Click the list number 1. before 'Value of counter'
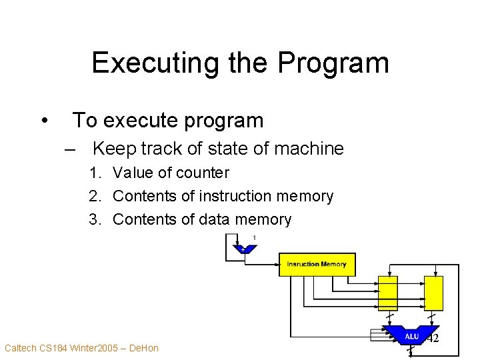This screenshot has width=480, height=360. click(96, 173)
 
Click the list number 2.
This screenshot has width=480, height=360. click(96, 197)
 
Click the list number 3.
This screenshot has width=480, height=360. click(96, 219)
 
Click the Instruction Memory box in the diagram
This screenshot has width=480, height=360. click(317, 264)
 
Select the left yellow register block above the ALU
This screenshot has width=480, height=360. click(387, 293)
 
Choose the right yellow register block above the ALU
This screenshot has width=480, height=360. click(433, 293)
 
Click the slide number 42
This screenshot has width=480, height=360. click(433, 339)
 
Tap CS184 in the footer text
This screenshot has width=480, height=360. click(57, 348)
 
